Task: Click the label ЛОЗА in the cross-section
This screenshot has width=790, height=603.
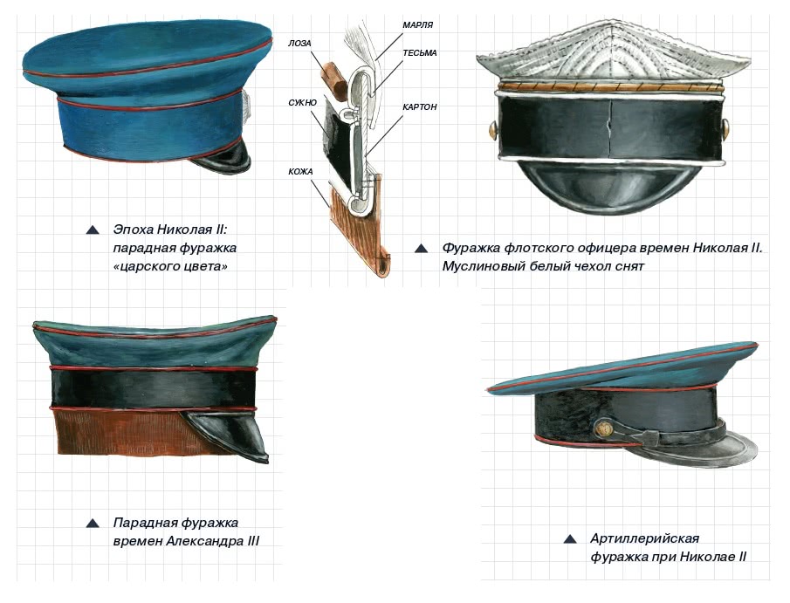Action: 299,44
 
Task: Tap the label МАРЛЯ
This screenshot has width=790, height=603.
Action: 417,24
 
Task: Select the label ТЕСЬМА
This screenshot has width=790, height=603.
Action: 420,53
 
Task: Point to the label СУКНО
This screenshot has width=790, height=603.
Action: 302,103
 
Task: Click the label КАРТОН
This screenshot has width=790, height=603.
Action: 420,106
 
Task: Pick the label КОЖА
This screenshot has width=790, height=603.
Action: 300,172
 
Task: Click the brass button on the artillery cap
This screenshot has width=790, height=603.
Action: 603,429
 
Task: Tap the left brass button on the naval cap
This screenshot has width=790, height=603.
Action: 494,130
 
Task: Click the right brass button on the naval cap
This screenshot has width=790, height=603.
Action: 725,129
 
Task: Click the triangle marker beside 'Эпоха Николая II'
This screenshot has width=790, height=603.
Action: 93,230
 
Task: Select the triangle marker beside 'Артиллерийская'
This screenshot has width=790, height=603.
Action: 570,539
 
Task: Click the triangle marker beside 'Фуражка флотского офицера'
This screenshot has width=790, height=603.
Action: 422,249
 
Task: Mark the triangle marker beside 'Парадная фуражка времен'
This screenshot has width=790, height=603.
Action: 93,524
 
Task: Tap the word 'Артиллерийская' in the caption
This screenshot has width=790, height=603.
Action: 644,538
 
